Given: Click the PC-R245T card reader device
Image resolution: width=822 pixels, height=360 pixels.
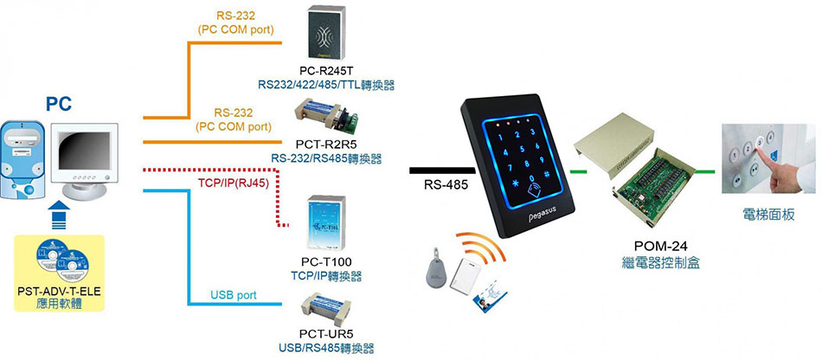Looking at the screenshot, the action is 327,33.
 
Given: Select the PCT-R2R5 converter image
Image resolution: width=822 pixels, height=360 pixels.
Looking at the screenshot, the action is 326,116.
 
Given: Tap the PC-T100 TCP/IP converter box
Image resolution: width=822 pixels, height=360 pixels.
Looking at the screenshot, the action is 326,222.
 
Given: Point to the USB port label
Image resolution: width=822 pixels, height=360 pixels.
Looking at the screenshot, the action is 234,295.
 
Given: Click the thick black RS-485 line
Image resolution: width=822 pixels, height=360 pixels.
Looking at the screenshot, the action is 442,170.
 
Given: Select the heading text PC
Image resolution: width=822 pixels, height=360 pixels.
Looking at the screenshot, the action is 58,105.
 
